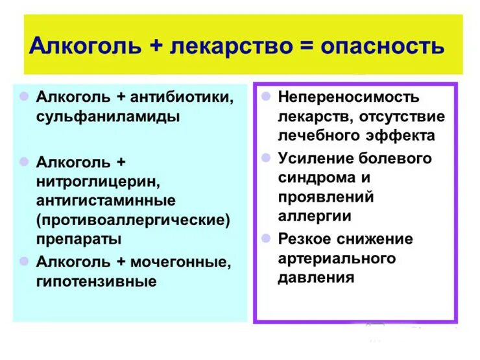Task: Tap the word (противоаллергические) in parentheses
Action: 134,219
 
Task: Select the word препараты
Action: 79,239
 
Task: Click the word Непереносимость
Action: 349,97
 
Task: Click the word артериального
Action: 337,258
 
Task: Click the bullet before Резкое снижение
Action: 266,238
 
